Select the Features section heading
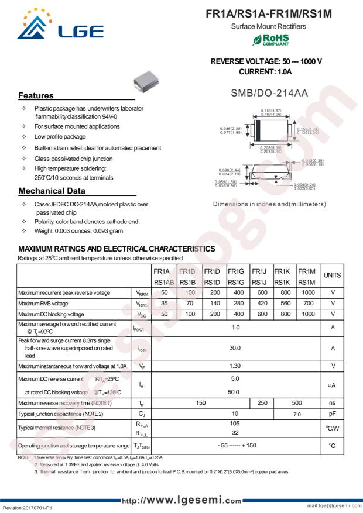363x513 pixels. (x=36, y=95)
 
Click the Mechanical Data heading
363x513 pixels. (x=52, y=191)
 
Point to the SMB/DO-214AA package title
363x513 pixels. (x=269, y=92)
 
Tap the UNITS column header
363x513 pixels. (x=333, y=275)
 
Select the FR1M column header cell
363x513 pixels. (x=306, y=271)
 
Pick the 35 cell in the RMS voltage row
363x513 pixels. (x=164, y=303)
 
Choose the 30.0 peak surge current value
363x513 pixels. (x=235, y=347)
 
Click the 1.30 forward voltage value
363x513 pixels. (x=235, y=366)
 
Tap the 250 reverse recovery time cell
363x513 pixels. (x=262, y=402)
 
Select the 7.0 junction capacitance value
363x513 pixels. (x=297, y=414)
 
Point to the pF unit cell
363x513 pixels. (x=333, y=414)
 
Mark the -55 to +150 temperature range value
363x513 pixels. (x=235, y=445)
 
